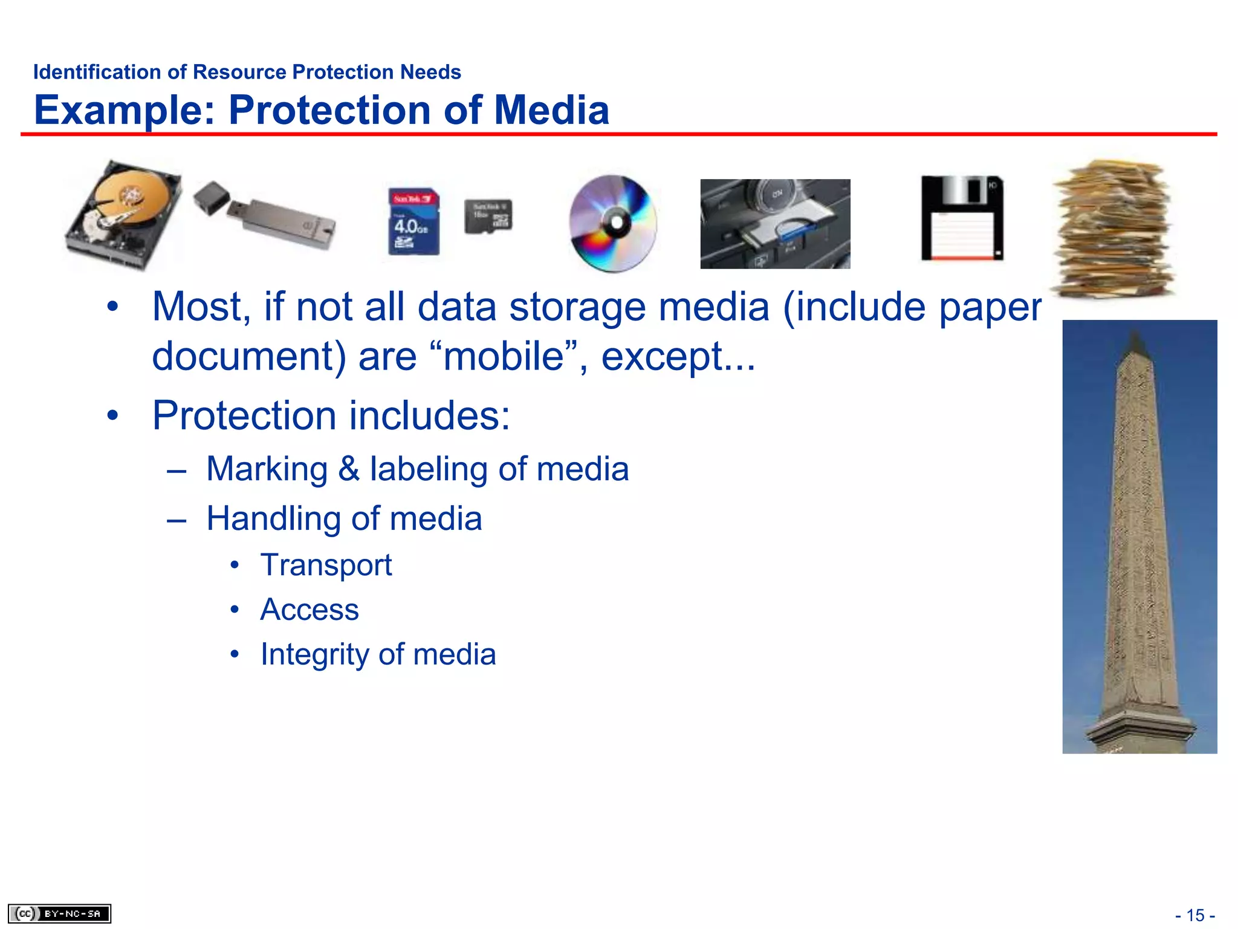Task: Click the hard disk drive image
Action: point(124,215)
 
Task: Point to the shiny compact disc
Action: point(613,223)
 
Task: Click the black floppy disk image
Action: point(962,218)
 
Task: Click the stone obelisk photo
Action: point(1139,536)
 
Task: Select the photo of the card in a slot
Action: point(775,224)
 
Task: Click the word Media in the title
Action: point(552,111)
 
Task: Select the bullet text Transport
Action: point(326,566)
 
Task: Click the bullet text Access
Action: point(309,610)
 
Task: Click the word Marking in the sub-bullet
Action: point(267,469)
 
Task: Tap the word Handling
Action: point(274,519)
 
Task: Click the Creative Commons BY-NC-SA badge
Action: point(59,913)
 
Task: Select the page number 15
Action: point(1195,915)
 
